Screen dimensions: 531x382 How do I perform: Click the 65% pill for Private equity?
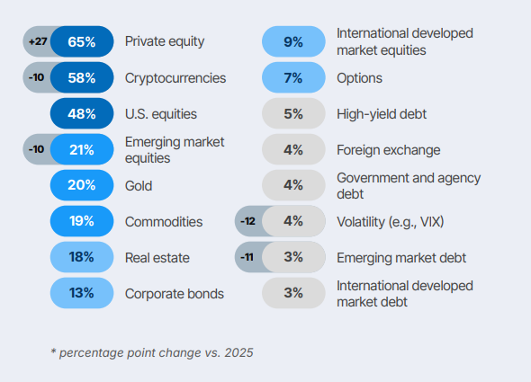(x=82, y=41)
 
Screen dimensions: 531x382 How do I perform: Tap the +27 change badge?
(x=38, y=41)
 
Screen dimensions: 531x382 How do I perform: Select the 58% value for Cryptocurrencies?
(x=82, y=78)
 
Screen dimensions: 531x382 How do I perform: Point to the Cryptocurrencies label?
(x=175, y=78)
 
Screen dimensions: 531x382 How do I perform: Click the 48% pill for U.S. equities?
(x=82, y=113)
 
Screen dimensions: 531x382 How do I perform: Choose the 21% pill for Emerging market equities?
(x=82, y=149)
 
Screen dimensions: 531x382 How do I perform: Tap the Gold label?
(x=139, y=186)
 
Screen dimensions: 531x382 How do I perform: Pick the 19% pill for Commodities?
(x=82, y=221)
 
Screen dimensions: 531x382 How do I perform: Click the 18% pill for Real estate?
(x=82, y=257)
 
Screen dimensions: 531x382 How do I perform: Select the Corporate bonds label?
(x=175, y=294)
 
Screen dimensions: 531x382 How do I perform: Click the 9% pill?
(x=293, y=41)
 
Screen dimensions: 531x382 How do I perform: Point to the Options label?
(x=359, y=78)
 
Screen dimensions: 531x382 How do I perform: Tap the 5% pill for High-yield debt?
(x=293, y=113)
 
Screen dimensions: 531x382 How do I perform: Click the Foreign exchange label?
(x=389, y=150)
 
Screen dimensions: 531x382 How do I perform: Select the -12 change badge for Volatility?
(x=247, y=221)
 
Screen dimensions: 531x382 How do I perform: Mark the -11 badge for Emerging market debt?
(x=247, y=257)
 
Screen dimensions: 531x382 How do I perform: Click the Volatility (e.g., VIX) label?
(x=390, y=222)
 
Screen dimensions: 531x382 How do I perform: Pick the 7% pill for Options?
(x=293, y=78)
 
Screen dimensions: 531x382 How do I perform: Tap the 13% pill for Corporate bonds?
(x=82, y=293)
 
